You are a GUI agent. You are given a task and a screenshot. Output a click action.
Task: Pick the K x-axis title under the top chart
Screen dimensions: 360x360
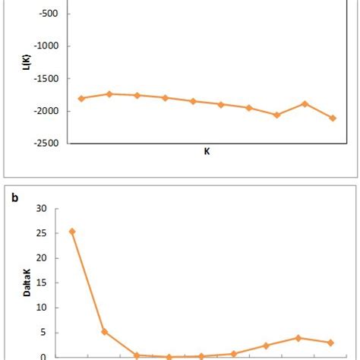pos(207,151)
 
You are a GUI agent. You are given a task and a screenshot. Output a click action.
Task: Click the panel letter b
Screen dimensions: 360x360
pos(14,198)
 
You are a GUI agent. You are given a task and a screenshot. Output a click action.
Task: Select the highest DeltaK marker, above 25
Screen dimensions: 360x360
pos(72,231)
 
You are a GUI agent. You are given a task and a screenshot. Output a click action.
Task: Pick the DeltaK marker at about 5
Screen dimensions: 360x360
pos(105,331)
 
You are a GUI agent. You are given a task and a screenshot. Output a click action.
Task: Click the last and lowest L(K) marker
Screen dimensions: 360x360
pos(333,118)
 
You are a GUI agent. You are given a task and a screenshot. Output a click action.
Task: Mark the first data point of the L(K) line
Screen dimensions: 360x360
pos(81,98)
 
